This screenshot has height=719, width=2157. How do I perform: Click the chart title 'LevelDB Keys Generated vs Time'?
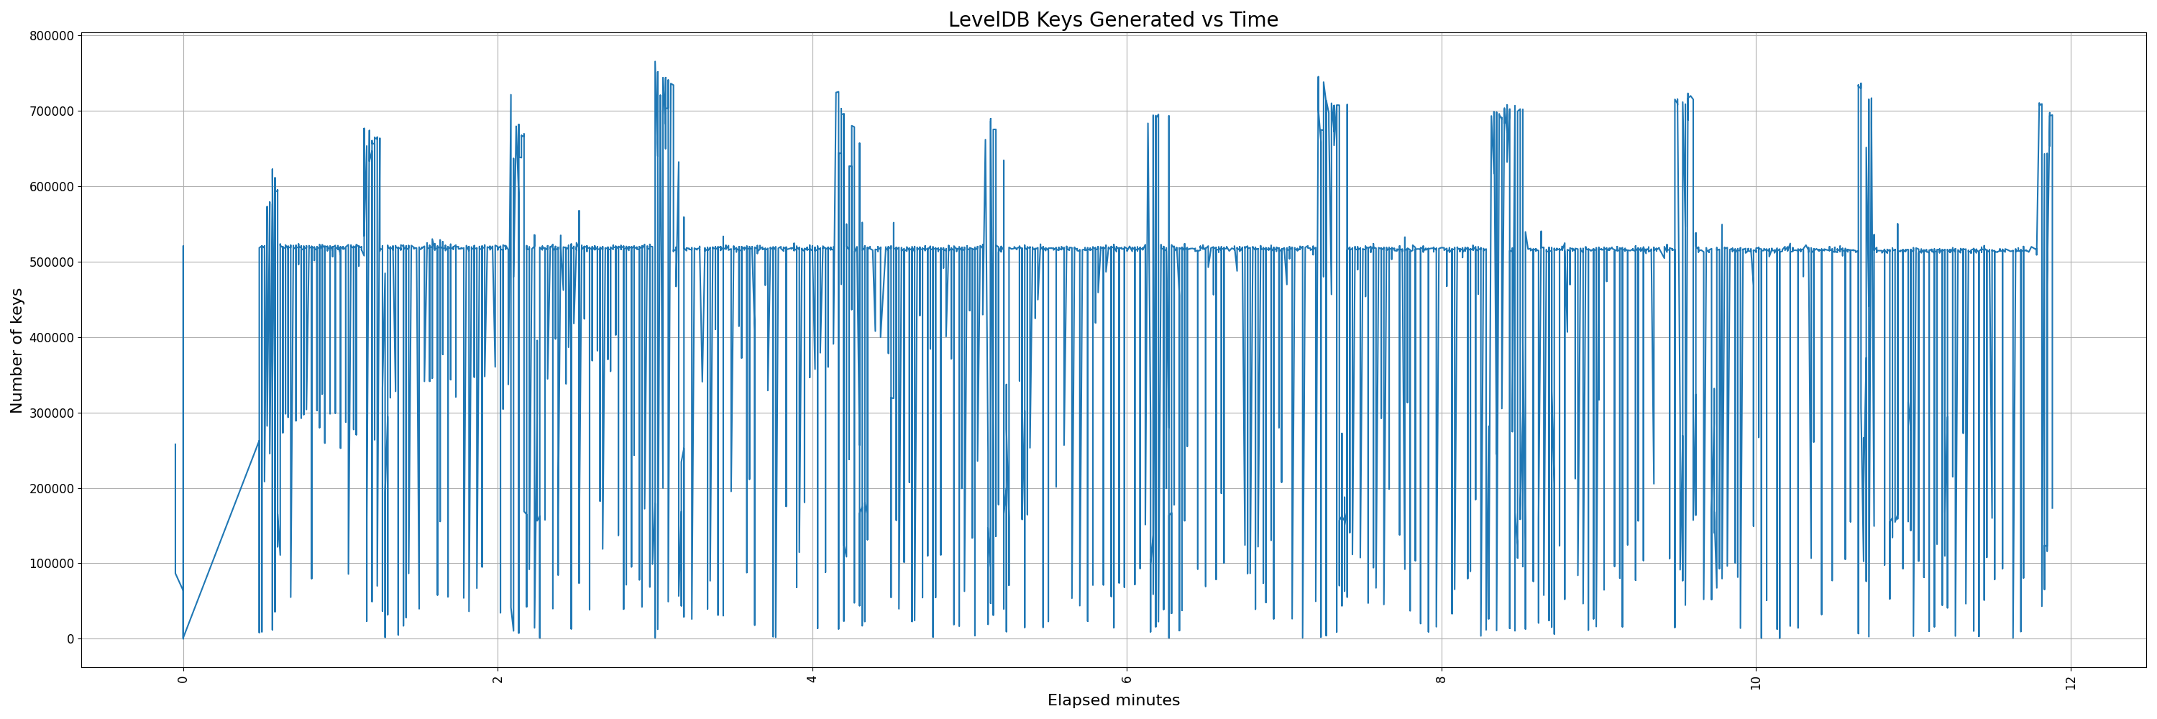point(1113,20)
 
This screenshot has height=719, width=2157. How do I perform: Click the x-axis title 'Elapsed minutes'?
point(1113,700)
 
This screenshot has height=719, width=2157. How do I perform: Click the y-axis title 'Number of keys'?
point(17,351)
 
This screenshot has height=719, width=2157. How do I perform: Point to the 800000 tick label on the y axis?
point(51,36)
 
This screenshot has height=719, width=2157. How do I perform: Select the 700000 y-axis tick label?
point(51,111)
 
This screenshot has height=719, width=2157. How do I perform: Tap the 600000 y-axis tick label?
point(51,187)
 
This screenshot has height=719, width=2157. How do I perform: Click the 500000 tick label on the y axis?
point(51,262)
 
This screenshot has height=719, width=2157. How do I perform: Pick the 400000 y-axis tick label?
point(51,337)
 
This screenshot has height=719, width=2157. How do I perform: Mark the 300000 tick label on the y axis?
point(51,413)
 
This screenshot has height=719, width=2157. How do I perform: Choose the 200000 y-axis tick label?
point(51,488)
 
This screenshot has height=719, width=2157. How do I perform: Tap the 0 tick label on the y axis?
point(70,638)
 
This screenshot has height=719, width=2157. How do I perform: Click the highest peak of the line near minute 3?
point(655,61)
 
